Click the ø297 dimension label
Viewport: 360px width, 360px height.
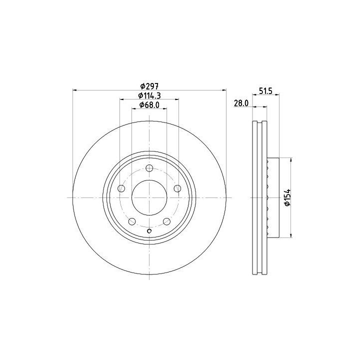pos(149,86)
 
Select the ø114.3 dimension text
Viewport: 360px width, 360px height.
pos(149,95)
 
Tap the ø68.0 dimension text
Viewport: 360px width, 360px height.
pos(149,104)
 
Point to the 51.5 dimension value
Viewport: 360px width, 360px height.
pos(265,91)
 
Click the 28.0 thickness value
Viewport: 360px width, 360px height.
pos(241,103)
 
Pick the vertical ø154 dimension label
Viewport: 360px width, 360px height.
pos(287,197)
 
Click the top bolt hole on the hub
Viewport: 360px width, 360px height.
pos(149,168)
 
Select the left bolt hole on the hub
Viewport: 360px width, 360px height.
pos(121,188)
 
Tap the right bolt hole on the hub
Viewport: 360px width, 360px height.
pos(177,188)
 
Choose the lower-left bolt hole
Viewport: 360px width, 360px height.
pos(132,221)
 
